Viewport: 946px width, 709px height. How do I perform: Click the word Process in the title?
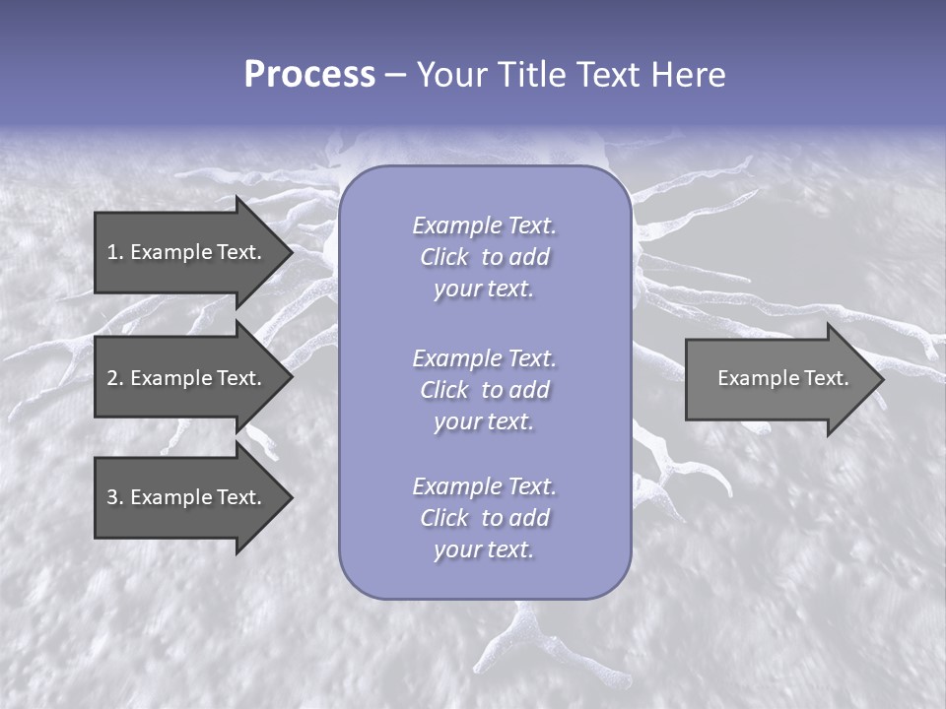click(309, 75)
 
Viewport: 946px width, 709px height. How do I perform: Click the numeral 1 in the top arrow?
click(112, 252)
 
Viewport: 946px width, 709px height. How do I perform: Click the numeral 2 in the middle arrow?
click(112, 378)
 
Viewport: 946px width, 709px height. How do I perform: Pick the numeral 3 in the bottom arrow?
click(112, 497)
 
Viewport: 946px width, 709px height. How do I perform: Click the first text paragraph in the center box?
click(484, 257)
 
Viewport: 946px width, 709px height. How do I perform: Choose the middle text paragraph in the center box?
click(484, 390)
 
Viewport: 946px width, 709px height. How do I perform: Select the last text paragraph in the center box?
click(484, 518)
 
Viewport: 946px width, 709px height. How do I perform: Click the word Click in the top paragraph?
click(443, 257)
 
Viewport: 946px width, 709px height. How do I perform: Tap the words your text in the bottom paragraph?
click(484, 550)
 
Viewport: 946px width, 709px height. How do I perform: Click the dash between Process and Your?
click(395, 75)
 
